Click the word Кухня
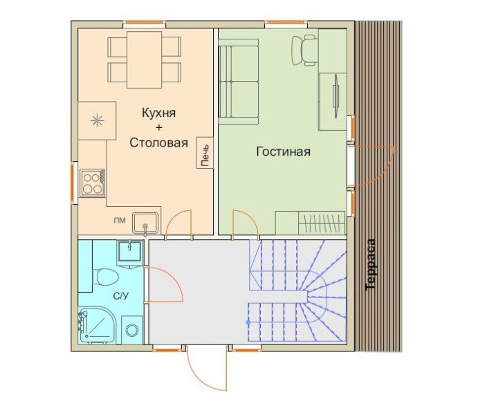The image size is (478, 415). (159, 113)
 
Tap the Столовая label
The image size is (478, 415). (159, 142)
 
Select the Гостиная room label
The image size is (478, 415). (283, 151)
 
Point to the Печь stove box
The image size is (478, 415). (205, 152)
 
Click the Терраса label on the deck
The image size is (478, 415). (371, 264)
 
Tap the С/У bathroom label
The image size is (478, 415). (121, 295)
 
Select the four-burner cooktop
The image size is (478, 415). (93, 183)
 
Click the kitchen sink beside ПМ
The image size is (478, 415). (145, 223)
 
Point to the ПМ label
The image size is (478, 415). (120, 221)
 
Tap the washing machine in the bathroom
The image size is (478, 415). (132, 331)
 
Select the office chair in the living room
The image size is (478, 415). (304, 50)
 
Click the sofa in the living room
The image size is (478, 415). (239, 82)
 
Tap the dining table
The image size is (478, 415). (144, 59)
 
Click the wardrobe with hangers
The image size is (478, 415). (322, 223)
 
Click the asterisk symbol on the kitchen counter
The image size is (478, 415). (98, 120)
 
